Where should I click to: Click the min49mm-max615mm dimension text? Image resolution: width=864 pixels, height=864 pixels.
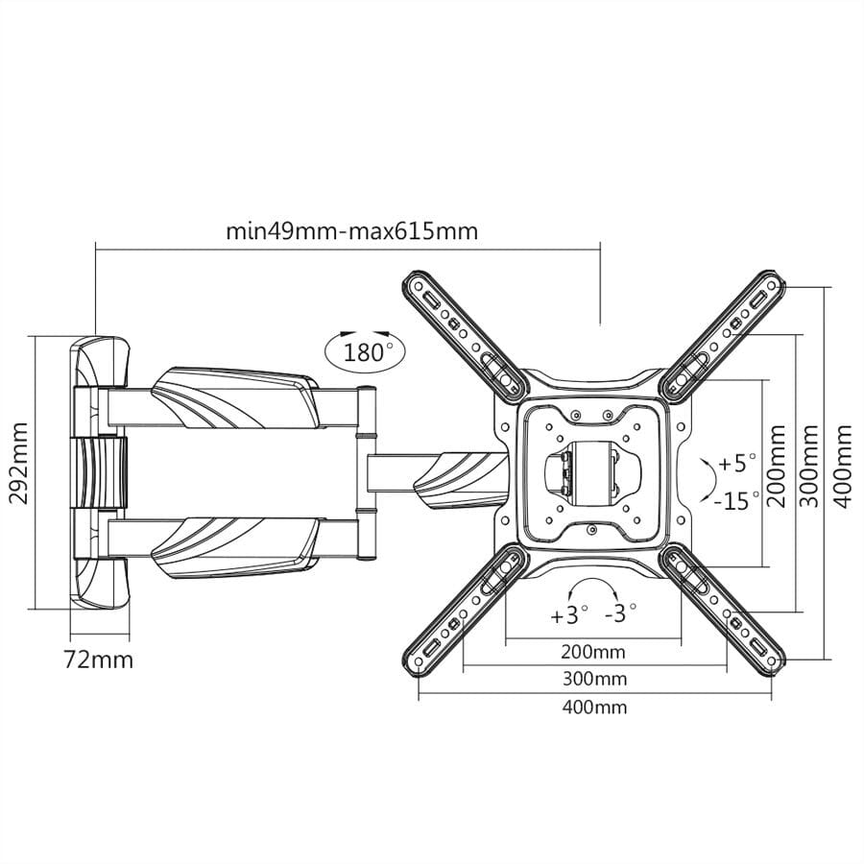[x=351, y=231]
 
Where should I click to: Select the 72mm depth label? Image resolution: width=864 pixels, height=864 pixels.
[x=99, y=660]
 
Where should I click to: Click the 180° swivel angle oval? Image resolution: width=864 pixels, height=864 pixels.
[x=363, y=350]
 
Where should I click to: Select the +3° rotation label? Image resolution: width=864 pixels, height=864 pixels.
[x=569, y=615]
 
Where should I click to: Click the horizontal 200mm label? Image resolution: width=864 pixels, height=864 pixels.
[x=592, y=652]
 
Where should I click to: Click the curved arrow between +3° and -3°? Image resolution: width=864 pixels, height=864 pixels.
[x=594, y=588]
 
